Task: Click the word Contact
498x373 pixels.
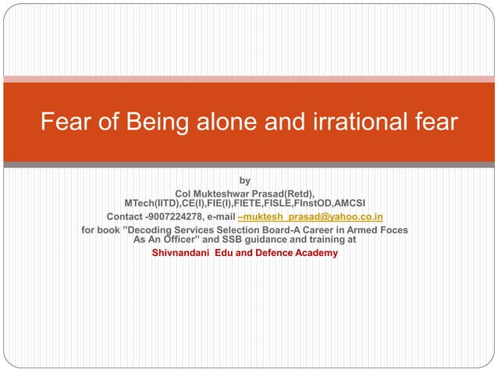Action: [x=123, y=216]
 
